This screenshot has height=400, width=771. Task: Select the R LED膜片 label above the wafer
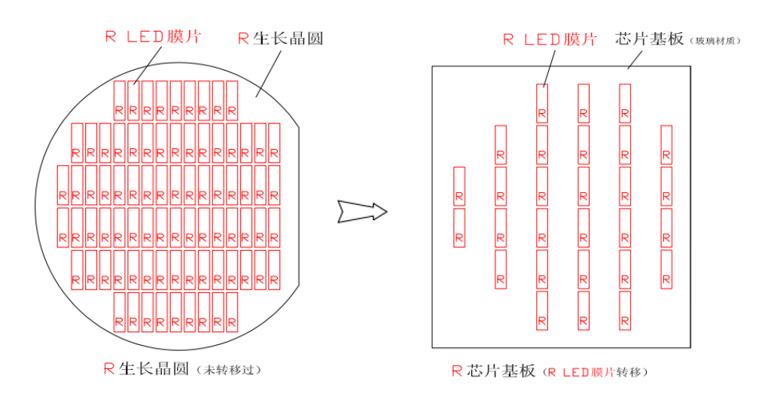click(153, 36)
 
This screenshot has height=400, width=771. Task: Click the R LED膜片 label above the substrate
click(550, 39)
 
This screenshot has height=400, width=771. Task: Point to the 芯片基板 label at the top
click(649, 38)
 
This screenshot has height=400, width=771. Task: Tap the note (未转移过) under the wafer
click(230, 370)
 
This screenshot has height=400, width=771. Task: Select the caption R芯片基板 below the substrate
click(493, 371)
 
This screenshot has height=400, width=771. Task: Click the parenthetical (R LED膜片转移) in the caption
click(596, 371)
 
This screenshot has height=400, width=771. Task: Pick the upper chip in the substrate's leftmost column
click(459, 186)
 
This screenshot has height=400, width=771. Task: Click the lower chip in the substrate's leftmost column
click(459, 227)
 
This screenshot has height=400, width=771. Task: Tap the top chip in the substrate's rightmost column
click(666, 145)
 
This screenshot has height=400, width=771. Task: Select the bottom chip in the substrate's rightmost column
click(666, 269)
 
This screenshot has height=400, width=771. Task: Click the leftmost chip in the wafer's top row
click(119, 100)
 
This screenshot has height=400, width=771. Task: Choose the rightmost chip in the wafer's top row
click(232, 100)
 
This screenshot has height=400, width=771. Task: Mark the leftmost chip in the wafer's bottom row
click(119, 313)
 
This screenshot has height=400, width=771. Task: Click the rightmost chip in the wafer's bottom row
click(232, 313)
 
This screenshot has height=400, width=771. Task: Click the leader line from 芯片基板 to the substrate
click(638, 60)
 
